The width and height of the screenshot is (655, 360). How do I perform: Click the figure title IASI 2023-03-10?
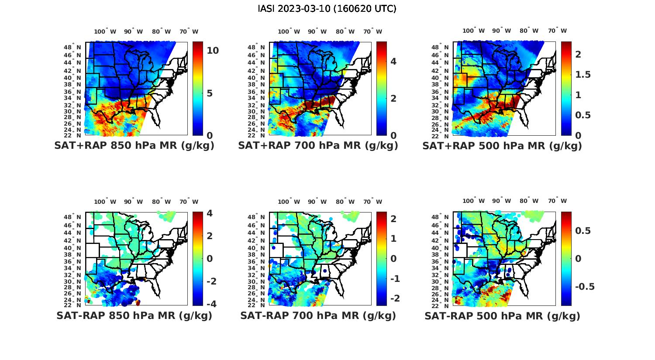pyautogui.click(x=327, y=9)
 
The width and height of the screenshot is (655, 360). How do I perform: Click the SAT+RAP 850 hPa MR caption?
pyautogui.click(x=134, y=146)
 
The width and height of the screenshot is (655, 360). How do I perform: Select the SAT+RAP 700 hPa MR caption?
pyautogui.click(x=318, y=146)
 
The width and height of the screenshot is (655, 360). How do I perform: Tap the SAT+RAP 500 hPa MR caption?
pyautogui.click(x=502, y=146)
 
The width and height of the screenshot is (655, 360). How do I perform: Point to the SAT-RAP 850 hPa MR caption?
pyautogui.click(x=134, y=315)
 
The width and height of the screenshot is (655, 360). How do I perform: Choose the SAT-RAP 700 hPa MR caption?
pyautogui.click(x=318, y=315)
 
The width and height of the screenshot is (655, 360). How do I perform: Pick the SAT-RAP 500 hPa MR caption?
pyautogui.click(x=502, y=315)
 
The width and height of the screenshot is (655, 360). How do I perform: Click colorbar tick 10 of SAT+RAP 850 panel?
pyautogui.click(x=213, y=51)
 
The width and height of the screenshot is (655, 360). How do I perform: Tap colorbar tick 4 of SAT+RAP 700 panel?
pyautogui.click(x=393, y=61)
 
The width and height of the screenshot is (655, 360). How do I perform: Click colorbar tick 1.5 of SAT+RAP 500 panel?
pyautogui.click(x=583, y=75)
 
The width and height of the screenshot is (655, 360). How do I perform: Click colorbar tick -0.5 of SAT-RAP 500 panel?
pyautogui.click(x=585, y=286)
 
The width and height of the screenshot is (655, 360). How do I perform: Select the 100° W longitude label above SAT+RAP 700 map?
pyautogui.click(x=289, y=31)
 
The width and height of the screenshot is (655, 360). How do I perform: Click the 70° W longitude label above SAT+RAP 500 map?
pyautogui.click(x=557, y=31)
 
